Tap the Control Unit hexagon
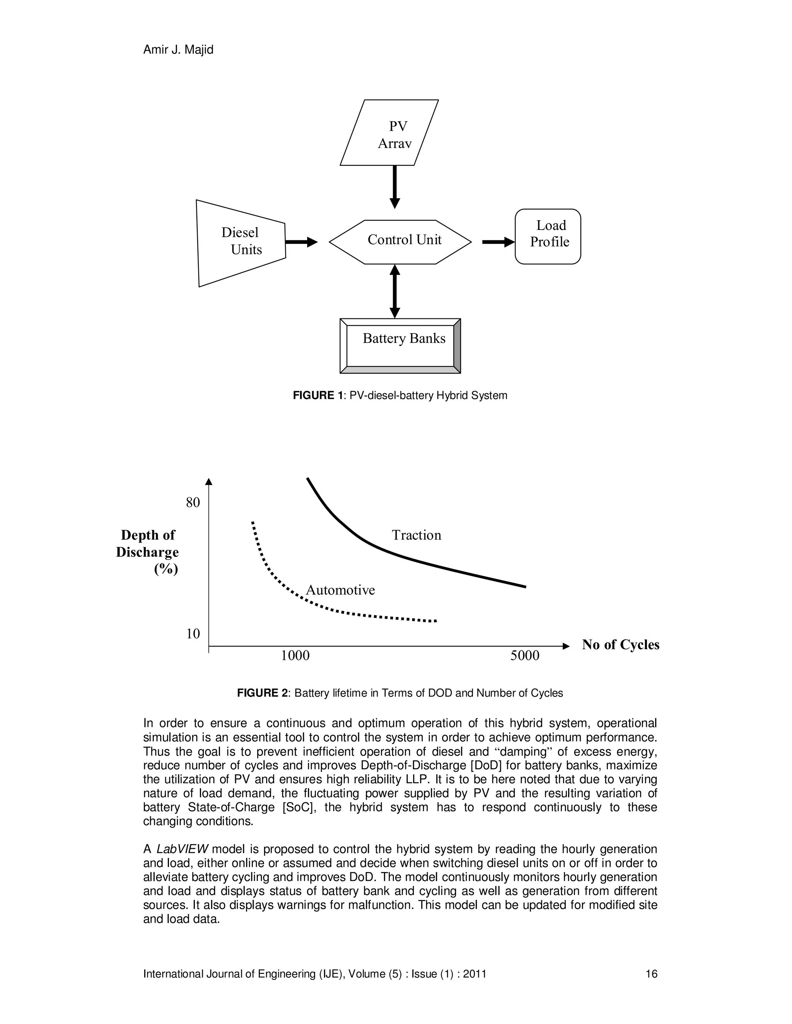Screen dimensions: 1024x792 pyautogui.click(x=400, y=242)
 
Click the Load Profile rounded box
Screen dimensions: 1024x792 pyautogui.click(x=548, y=236)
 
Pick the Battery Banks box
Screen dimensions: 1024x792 pyautogui.click(x=400, y=345)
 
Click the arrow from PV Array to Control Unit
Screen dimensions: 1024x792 pyautogui.click(x=394, y=186)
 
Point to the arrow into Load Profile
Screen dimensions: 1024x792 pyautogui.click(x=498, y=242)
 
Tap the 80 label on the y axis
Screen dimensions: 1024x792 pyautogui.click(x=193, y=503)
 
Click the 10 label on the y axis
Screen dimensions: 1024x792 pyautogui.click(x=193, y=633)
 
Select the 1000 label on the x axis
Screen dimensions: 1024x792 pyautogui.click(x=295, y=655)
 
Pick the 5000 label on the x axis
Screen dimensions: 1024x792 pyautogui.click(x=524, y=655)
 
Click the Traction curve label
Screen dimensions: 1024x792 pyautogui.click(x=416, y=535)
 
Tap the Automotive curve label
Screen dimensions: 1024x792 pyautogui.click(x=340, y=590)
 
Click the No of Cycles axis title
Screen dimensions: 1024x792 pyautogui.click(x=620, y=645)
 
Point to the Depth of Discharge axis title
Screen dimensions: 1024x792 pyautogui.click(x=148, y=552)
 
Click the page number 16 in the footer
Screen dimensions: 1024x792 pyautogui.click(x=651, y=974)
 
